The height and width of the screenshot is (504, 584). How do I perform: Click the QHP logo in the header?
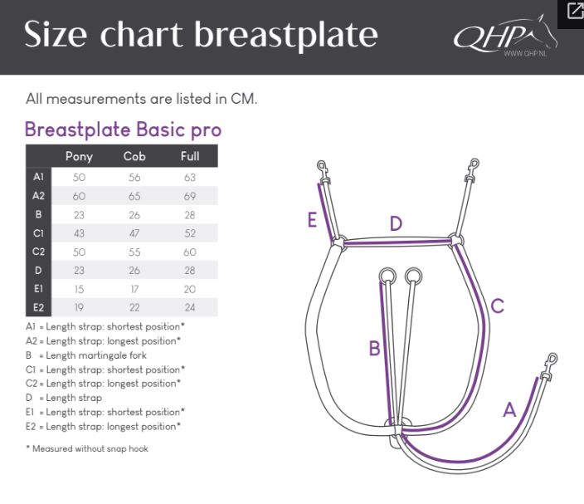point(505,36)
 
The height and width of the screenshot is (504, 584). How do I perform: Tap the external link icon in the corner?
point(574,11)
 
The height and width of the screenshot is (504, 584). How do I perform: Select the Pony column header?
point(79,156)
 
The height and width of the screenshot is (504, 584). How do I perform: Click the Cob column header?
point(134,156)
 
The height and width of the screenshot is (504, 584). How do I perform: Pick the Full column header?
point(190,156)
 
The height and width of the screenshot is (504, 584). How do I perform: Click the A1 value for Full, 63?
point(190,178)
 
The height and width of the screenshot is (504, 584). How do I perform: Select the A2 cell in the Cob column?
point(134,196)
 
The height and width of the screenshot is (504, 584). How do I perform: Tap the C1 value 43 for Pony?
point(79,233)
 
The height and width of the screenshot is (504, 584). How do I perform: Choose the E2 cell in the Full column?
point(190,307)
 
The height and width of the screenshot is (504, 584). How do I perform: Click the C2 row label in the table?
point(38,252)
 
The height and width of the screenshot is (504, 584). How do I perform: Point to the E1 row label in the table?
point(38,289)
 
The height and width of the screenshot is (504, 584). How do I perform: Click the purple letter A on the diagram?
point(509,409)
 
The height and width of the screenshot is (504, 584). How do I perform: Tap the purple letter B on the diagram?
point(374,349)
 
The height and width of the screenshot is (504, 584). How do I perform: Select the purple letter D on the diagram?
point(396,223)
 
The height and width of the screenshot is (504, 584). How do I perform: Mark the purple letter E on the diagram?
point(312,219)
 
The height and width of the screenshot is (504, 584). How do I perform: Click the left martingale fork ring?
point(387,276)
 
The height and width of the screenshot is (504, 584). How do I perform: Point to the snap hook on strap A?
point(550,366)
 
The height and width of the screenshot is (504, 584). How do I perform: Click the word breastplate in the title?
point(286,35)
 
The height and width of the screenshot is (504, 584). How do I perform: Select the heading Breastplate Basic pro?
point(124,130)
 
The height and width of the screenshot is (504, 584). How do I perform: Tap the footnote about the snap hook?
point(87,448)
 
